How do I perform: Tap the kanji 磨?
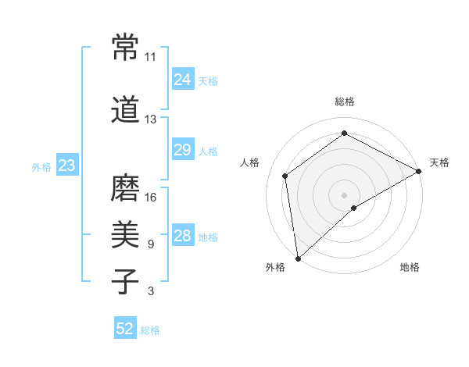click(125, 187)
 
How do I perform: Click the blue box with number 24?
click(182, 80)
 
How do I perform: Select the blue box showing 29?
click(182, 151)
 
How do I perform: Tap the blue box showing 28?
click(182, 237)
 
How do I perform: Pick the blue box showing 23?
click(66, 166)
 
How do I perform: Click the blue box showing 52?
click(125, 329)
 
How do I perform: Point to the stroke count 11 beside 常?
click(151, 57)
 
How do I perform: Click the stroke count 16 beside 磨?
click(151, 198)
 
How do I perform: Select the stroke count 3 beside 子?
click(151, 292)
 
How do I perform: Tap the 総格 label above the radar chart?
click(345, 102)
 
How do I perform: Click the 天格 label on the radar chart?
click(439, 162)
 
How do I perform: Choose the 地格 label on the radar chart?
click(410, 267)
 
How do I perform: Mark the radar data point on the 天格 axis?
click(420, 171)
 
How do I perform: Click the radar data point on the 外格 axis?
click(298, 258)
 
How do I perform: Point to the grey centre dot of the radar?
click(345, 194)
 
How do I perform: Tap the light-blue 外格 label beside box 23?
click(41, 166)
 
